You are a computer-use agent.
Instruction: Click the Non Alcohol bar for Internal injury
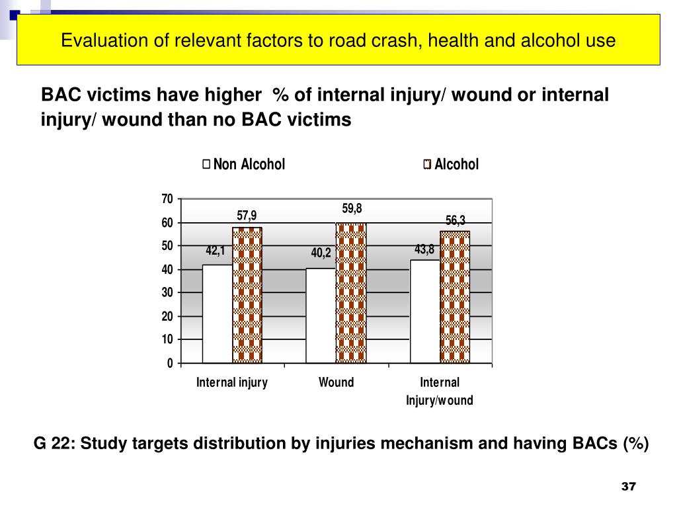217,314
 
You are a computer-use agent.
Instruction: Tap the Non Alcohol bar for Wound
321,316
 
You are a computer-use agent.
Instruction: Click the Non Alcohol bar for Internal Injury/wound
424,311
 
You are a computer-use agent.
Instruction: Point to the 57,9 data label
247,216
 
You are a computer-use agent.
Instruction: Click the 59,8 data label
352,209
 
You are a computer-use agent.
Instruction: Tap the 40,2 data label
321,253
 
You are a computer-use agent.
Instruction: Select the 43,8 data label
424,249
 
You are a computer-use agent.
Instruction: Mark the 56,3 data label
456,221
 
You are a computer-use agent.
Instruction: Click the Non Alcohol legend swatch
207,164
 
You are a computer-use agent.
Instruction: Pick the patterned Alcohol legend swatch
427,165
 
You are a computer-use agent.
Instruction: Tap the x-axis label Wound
336,382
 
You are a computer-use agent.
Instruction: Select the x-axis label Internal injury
232,382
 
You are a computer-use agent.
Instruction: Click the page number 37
628,487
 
